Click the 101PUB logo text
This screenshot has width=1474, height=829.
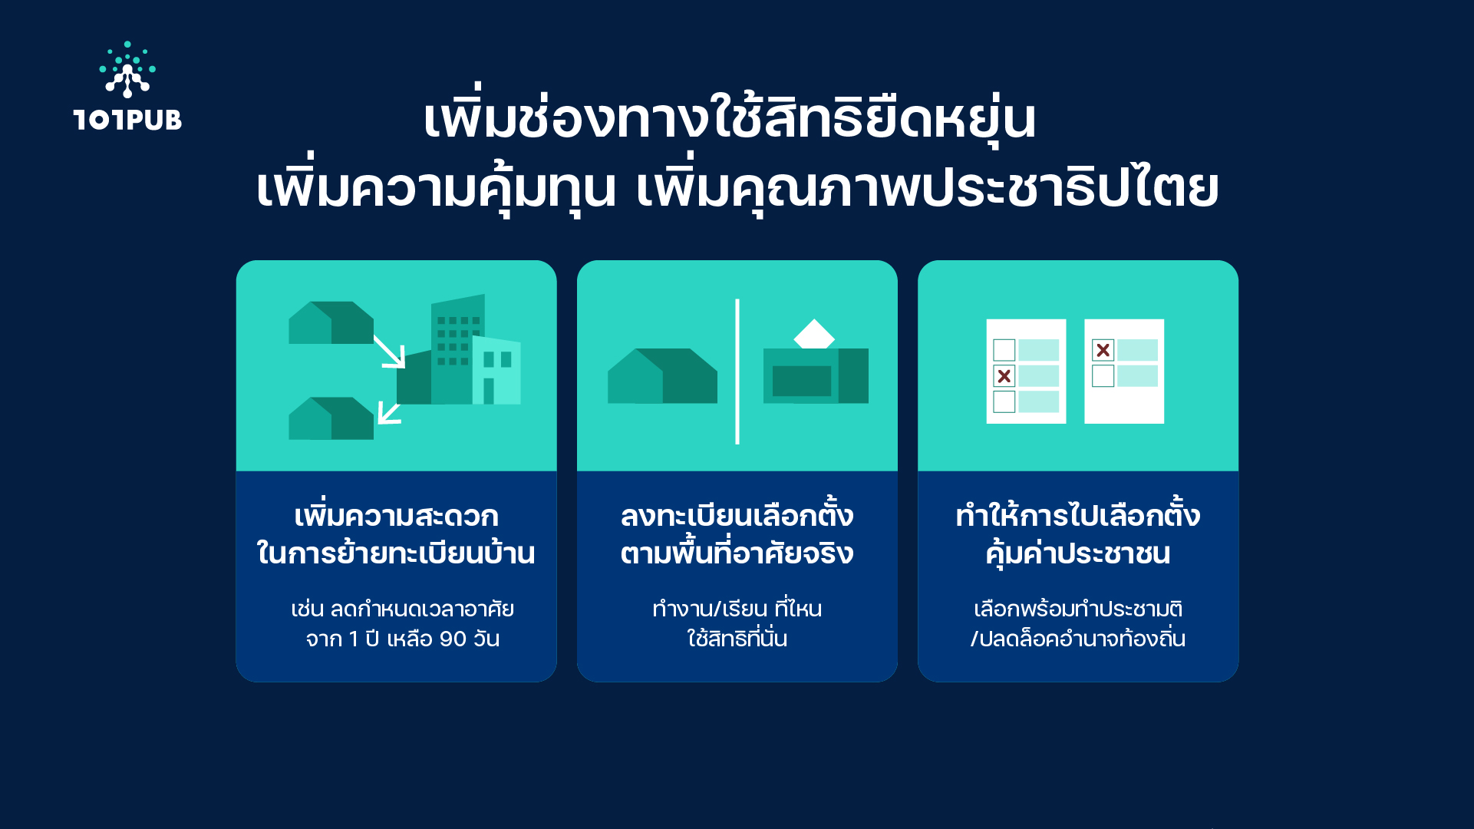127,120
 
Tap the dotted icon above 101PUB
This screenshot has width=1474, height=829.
127,70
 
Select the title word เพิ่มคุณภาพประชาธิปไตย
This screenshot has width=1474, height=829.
928,187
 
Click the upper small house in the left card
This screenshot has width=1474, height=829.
331,322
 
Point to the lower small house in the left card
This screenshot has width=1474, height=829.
331,418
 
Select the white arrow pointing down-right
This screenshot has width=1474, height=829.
390,352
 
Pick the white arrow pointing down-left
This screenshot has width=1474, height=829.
390,413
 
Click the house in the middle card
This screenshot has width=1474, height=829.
662,376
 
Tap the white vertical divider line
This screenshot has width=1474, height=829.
737,372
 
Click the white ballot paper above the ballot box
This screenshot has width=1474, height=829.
814,334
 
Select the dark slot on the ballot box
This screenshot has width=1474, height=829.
802,381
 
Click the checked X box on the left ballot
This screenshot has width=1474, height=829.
1004,376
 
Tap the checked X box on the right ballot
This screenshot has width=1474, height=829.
1103,350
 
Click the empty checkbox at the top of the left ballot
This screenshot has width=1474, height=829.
1004,350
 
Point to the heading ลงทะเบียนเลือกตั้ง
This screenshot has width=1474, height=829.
737,515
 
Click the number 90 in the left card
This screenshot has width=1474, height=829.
453,639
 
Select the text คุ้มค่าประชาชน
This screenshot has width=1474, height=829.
1078,553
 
